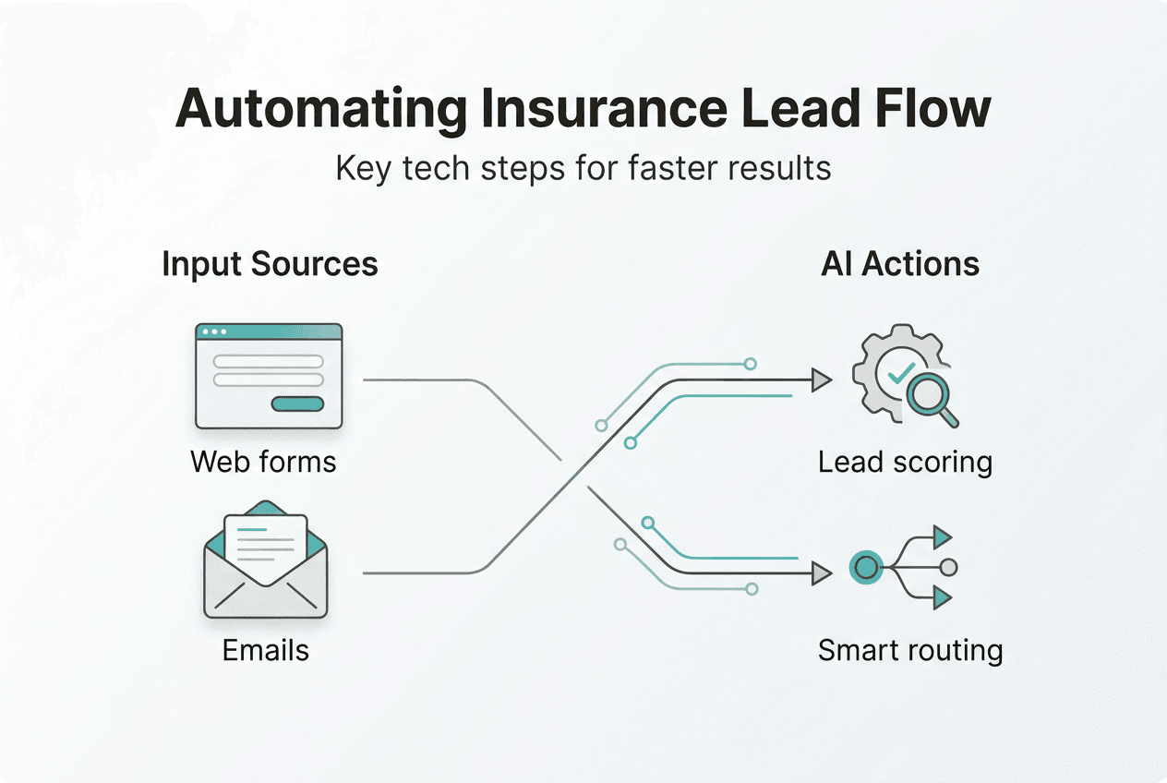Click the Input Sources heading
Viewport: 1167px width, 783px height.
tap(270, 264)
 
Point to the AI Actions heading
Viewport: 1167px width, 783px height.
tap(900, 264)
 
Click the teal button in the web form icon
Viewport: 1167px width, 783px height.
tap(297, 404)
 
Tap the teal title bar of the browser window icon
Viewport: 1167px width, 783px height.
tap(269, 331)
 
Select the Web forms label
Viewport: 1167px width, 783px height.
tap(263, 461)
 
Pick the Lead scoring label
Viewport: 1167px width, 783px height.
tap(905, 462)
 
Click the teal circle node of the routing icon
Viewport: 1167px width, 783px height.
tap(866, 567)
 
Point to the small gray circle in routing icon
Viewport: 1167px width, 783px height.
tap(948, 567)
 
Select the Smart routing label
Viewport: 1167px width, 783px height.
tap(909, 650)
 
